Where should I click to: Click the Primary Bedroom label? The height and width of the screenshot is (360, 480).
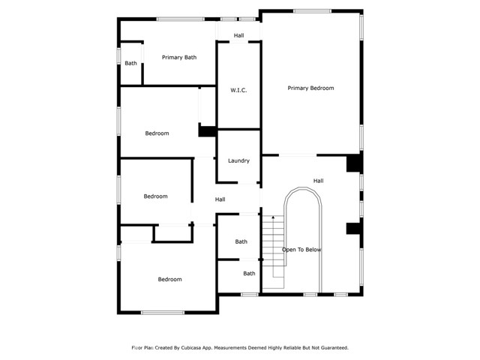[310, 88]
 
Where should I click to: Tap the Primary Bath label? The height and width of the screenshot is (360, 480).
[179, 57]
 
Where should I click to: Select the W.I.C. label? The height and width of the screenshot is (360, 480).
[238, 90]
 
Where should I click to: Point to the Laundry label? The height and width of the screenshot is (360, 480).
[238, 160]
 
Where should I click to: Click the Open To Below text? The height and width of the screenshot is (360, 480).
[301, 250]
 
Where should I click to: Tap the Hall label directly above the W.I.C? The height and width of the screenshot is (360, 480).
[238, 35]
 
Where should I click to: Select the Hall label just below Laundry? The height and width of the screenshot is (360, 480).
[220, 199]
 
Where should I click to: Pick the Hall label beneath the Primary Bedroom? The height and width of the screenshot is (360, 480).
[318, 181]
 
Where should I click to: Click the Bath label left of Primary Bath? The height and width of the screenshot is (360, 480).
[131, 63]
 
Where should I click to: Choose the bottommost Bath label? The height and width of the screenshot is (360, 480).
[249, 274]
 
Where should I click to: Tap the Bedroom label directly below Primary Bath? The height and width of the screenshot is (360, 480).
[157, 133]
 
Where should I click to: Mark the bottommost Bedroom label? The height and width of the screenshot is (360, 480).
[169, 280]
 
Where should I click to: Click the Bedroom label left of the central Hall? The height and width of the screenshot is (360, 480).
[155, 196]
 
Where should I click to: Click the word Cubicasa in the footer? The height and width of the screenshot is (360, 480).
[194, 348]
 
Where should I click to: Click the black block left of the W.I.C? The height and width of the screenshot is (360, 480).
[206, 130]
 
